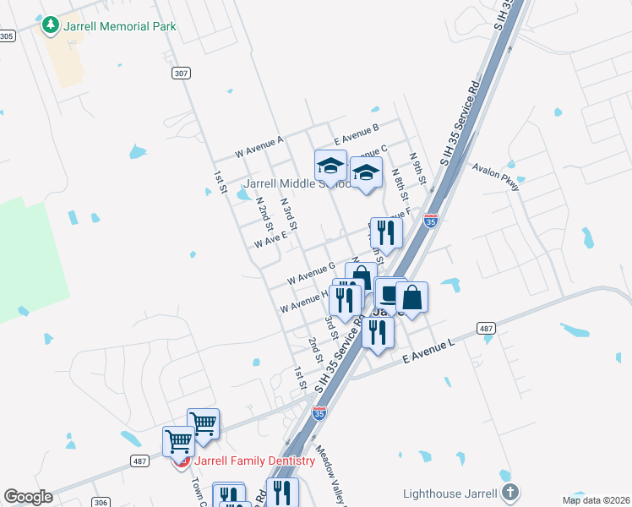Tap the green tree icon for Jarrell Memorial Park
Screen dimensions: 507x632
[52, 25]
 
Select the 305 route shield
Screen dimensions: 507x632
[7, 35]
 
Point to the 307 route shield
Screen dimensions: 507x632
[180, 74]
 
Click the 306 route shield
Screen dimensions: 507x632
[101, 503]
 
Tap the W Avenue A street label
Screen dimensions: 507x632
[259, 146]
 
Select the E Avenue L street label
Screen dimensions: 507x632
[428, 352]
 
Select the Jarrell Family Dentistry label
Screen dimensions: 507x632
[253, 461]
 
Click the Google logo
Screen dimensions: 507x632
[28, 497]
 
